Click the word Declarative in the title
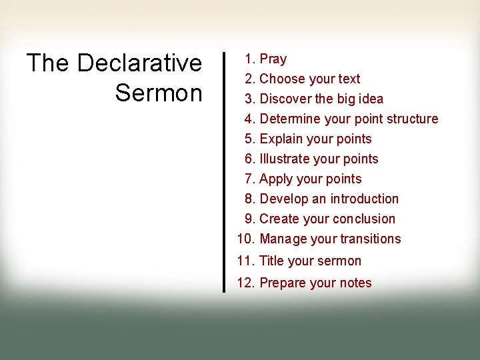click(x=139, y=63)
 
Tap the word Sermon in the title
click(x=159, y=93)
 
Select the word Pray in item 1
click(x=273, y=59)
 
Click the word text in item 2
click(x=349, y=79)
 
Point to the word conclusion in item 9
click(x=364, y=219)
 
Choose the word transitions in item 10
click(x=370, y=239)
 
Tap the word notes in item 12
click(x=355, y=283)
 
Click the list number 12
click(x=245, y=283)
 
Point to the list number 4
click(x=250, y=119)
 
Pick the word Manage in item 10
click(x=283, y=239)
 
